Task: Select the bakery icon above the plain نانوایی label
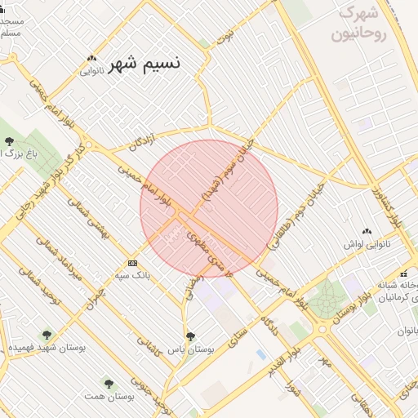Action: click(91, 58)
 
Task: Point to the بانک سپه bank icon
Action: click(132, 263)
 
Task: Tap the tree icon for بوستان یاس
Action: click(190, 336)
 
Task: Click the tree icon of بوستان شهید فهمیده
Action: click(46, 335)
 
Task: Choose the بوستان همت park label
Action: click(105, 395)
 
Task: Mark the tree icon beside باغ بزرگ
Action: click(9, 141)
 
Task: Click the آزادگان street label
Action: click(141, 143)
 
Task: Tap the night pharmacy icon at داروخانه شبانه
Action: click(402, 273)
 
